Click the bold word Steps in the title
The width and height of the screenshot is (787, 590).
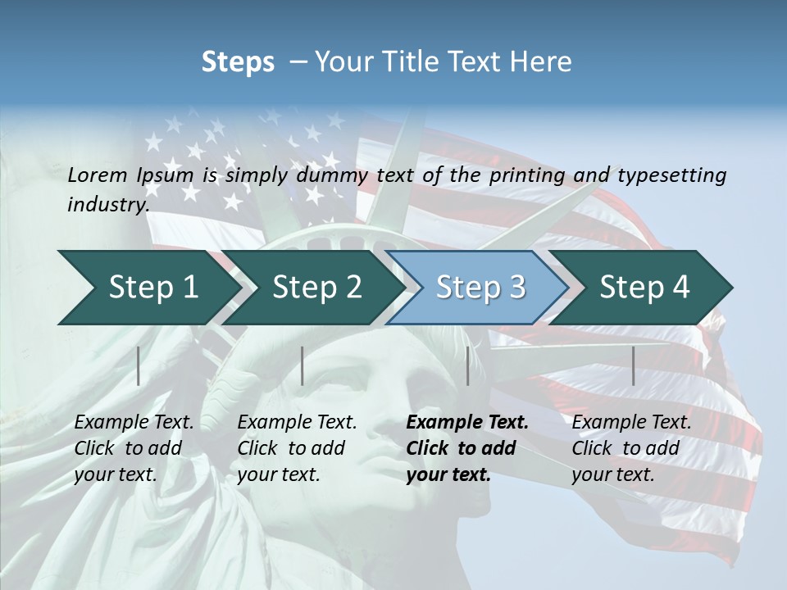[x=238, y=62]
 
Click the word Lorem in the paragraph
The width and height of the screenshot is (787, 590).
[x=97, y=175]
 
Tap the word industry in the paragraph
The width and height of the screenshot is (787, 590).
[x=107, y=204]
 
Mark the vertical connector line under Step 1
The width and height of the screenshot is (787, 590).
[x=139, y=365]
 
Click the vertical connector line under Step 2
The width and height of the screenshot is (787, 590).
[x=303, y=365]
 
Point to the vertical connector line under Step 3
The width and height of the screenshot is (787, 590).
[x=467, y=365]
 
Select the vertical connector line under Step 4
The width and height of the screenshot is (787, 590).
[x=633, y=365]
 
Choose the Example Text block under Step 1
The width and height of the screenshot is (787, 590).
[x=134, y=447]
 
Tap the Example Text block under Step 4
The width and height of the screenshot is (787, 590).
[x=631, y=447]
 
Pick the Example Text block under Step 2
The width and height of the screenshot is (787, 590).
[x=297, y=447]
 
